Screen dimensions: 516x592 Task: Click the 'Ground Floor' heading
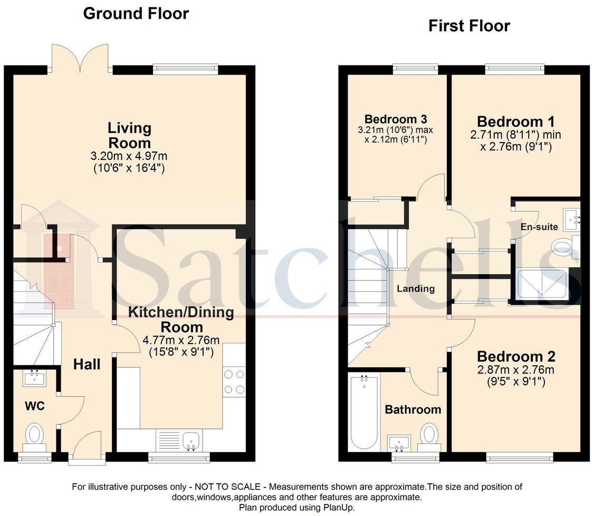[x=136, y=13]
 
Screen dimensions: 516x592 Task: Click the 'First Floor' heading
[x=469, y=25]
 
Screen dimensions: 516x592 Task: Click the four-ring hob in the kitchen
[x=234, y=381]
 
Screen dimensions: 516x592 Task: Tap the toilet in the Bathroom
[x=429, y=435]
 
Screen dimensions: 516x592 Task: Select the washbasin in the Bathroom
[x=399, y=442]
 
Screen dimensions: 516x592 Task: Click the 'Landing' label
[x=416, y=288]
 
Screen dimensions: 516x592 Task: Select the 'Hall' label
[x=87, y=364]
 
